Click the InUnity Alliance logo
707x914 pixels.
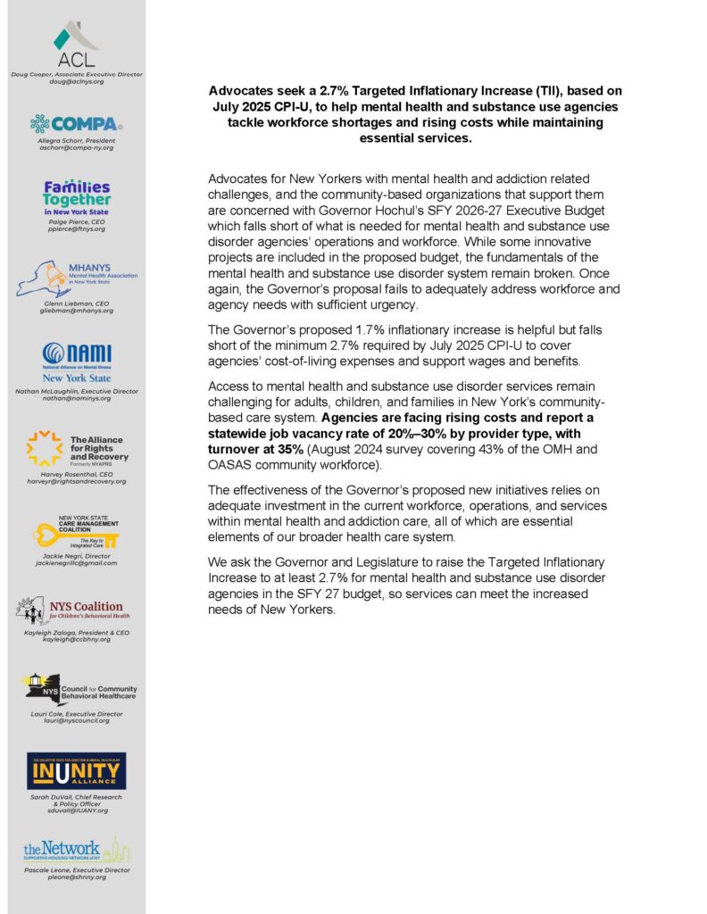coord(76,770)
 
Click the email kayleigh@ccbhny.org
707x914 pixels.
coord(76,640)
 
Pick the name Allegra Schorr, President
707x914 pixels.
coord(76,141)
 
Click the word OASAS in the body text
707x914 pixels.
coord(229,464)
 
